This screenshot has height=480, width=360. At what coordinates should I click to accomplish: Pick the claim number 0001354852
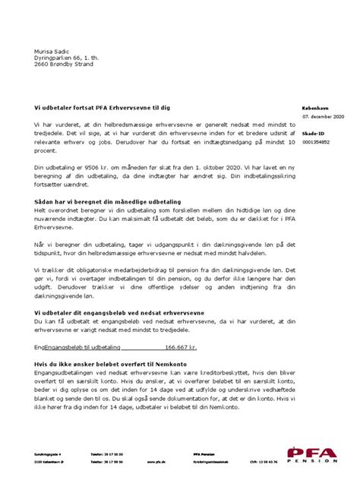click(x=316, y=142)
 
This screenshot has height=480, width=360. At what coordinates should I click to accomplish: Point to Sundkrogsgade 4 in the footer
click(x=49, y=453)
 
